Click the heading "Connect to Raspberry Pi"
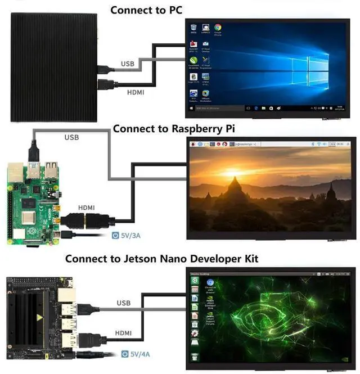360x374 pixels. [173, 128]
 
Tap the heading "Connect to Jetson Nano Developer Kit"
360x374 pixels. [161, 259]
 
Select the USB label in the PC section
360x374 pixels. [128, 64]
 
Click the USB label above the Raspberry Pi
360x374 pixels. [72, 137]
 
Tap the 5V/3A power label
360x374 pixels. [131, 237]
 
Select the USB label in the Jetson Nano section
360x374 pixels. [123, 303]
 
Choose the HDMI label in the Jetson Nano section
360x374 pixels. [124, 333]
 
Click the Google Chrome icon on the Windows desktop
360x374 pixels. [218, 29]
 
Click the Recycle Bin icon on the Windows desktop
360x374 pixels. [193, 29]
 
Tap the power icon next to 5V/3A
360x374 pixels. [116, 237]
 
